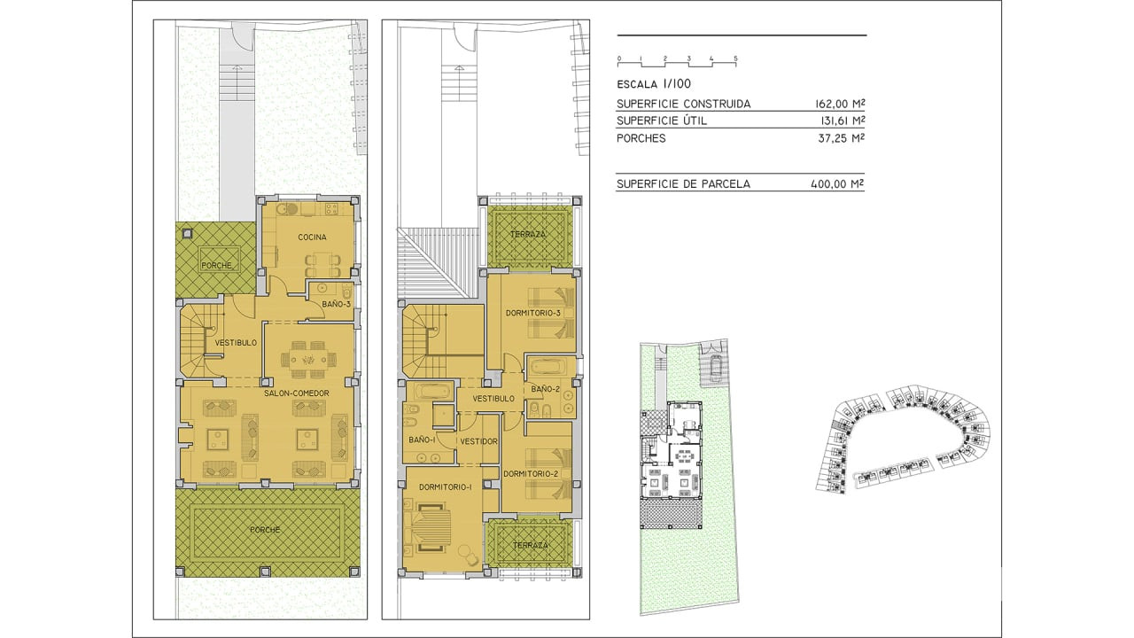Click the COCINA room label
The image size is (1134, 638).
(312, 237)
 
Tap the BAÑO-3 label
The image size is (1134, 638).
(336, 304)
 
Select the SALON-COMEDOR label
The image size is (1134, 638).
(297, 393)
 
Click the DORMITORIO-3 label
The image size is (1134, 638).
(533, 313)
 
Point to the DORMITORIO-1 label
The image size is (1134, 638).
(446, 487)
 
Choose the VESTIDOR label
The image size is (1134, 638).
(478, 441)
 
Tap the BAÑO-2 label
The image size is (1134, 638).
(545, 389)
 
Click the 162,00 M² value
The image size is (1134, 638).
(839, 104)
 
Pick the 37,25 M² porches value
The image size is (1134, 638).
(841, 138)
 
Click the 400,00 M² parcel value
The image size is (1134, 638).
(837, 183)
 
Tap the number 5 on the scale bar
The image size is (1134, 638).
(735, 58)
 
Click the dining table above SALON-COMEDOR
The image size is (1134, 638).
(308, 360)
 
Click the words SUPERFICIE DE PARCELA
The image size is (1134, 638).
(683, 183)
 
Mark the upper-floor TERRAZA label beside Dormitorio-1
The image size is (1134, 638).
(531, 545)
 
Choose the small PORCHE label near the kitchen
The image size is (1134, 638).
(217, 265)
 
